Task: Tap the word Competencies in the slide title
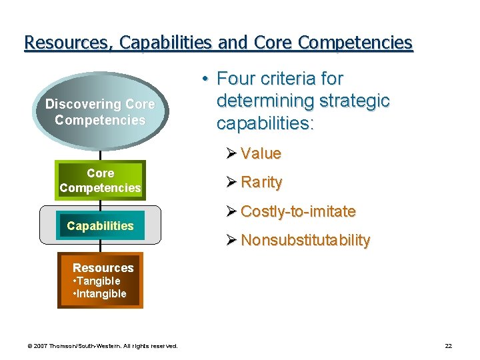coord(355,43)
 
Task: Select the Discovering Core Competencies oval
coord(100,112)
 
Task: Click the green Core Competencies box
coord(100,181)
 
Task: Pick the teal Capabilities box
coord(100,225)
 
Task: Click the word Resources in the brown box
coord(103,268)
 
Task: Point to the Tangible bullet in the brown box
coord(97,281)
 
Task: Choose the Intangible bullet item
coord(99,293)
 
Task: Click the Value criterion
coord(261,153)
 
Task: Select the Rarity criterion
coord(261,182)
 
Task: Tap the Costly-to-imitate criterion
coord(298,211)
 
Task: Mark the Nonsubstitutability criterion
coord(305,240)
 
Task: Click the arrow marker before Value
coord(231,153)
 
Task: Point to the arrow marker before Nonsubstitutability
coord(231,240)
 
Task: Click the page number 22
coord(448,346)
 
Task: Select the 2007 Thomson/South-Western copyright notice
coord(102,346)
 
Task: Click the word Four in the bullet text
coord(235,79)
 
